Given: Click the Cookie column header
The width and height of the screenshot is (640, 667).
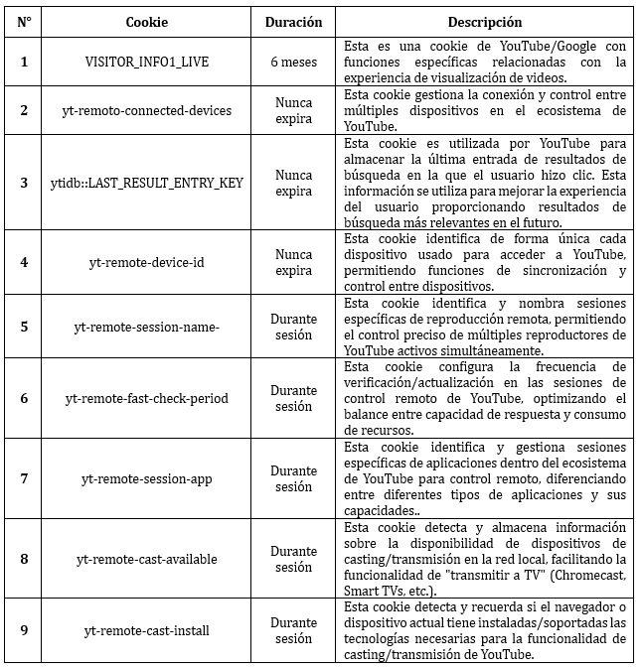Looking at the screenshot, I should coord(146,22).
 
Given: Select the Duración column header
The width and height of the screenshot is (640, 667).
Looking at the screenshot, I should coord(293,22).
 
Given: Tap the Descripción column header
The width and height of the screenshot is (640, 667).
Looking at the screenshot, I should coord(484,22).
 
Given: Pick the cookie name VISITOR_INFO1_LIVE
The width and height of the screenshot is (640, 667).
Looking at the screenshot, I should coord(146,62).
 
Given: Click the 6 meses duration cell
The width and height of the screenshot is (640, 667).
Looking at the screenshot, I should coord(293,62).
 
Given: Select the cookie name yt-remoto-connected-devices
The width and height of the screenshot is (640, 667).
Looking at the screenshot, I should coord(146,110).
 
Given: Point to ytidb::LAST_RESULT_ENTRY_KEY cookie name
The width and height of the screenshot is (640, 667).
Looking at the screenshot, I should coord(146,182).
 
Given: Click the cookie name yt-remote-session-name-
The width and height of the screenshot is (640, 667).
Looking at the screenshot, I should coord(146,326).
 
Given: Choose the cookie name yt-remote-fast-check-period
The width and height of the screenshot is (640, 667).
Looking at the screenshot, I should coord(146,398).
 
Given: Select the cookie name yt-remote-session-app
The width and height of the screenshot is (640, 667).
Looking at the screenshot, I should coord(146,479).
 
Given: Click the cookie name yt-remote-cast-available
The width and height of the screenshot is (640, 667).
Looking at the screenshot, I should coord(146,559).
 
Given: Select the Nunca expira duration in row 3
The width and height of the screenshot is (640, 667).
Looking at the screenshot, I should coord(293,182).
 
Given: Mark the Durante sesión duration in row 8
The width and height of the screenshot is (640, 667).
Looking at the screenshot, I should coord(293,559).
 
